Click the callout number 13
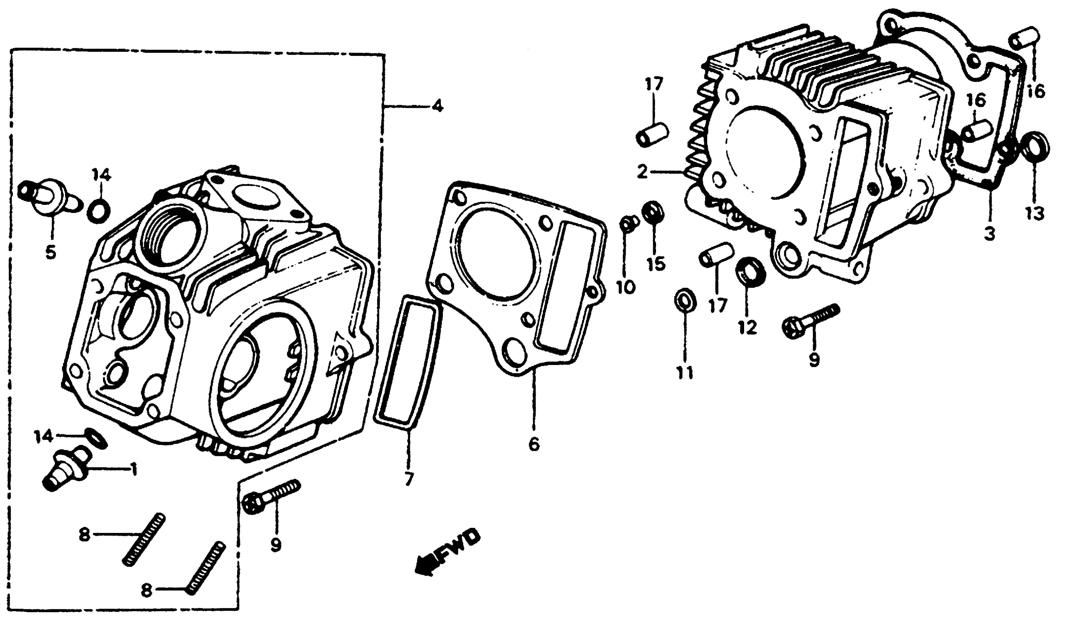[1035, 213]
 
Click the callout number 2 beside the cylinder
[643, 172]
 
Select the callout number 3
[990, 233]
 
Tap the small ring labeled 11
[685, 300]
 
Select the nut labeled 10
[628, 223]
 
